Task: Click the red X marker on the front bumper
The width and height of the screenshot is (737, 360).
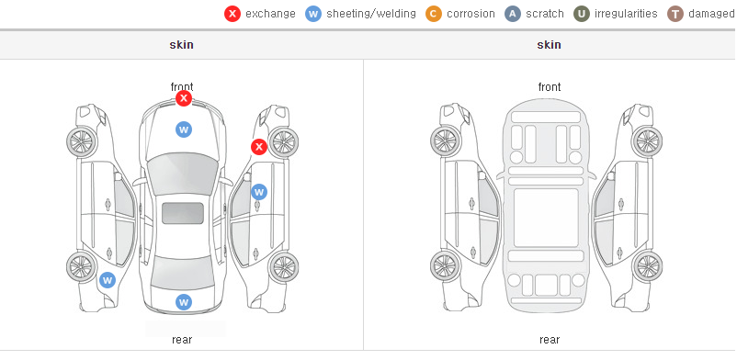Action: (184, 98)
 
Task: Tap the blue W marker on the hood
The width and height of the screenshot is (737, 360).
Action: (184, 129)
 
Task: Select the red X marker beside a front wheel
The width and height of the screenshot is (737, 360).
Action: (258, 147)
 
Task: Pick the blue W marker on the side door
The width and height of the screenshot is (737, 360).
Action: (259, 192)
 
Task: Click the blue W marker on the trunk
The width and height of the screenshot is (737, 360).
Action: (184, 302)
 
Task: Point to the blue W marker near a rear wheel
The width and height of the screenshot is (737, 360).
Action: (108, 281)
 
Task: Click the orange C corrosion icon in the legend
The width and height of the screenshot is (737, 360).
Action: (434, 14)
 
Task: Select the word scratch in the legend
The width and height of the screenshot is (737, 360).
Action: (545, 14)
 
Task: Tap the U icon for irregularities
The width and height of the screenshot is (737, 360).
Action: (582, 14)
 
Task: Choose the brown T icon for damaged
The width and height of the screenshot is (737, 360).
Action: (675, 14)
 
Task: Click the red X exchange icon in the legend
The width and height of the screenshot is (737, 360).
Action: (232, 14)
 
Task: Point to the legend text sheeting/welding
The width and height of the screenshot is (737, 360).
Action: (371, 14)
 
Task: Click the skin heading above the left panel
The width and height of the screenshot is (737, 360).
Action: (181, 45)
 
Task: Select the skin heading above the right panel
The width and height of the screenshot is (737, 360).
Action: (549, 45)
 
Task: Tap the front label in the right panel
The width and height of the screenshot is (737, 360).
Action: (550, 87)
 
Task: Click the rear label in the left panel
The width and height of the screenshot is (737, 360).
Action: (182, 340)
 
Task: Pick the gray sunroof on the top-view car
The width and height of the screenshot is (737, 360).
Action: (183, 213)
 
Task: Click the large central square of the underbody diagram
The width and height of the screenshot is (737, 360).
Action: (546, 218)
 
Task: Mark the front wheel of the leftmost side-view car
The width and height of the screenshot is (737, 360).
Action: (82, 141)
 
